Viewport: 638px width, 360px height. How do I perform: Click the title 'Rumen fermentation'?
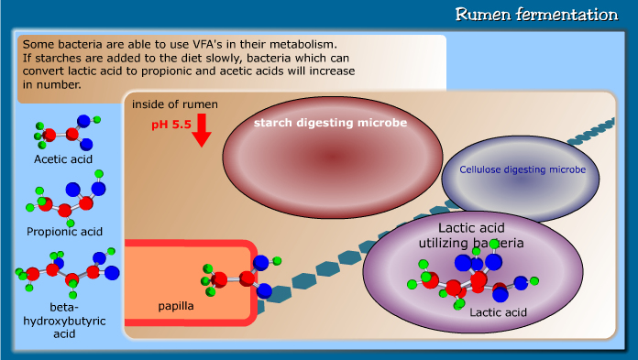(x=537, y=16)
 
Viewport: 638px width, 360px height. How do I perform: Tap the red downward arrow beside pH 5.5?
(x=203, y=130)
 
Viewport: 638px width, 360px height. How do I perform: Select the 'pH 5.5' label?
(x=170, y=123)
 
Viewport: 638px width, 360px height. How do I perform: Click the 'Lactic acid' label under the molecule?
(x=498, y=312)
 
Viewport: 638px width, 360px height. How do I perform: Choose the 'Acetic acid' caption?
(x=63, y=159)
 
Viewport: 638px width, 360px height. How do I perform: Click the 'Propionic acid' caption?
(x=64, y=231)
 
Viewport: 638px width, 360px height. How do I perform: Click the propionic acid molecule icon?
(x=67, y=202)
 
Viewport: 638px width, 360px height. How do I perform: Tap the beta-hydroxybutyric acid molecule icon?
(x=66, y=270)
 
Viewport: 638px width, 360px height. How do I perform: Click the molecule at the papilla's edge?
(x=236, y=277)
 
